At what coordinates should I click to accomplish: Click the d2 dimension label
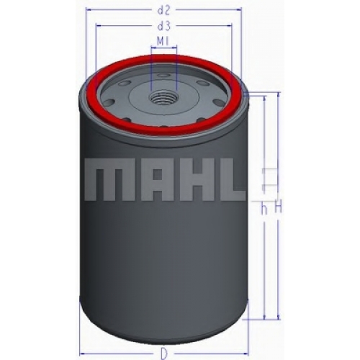[163, 10]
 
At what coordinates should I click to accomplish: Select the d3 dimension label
[163, 26]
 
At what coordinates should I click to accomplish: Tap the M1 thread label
[163, 42]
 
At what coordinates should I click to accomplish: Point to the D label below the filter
[164, 353]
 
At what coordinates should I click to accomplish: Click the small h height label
[264, 210]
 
